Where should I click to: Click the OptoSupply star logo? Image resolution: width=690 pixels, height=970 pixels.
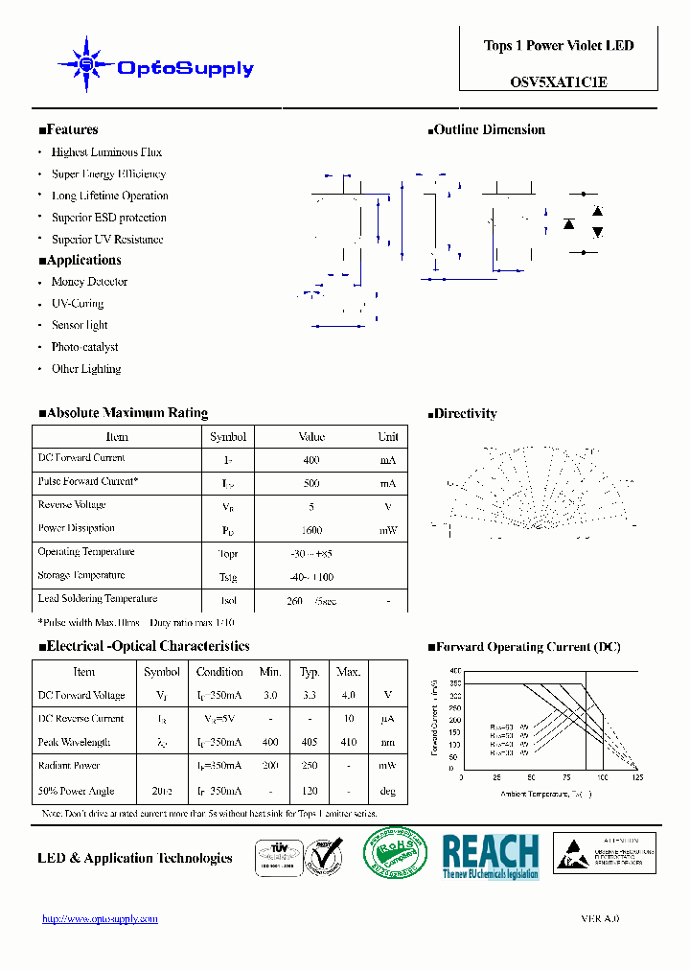point(86,65)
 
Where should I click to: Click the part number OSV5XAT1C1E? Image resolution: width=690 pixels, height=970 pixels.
point(559,82)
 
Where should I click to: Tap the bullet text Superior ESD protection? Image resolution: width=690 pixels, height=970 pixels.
point(108,218)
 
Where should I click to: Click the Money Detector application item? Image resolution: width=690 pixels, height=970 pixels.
point(89,282)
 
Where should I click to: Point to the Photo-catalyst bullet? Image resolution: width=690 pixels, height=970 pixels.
point(85,347)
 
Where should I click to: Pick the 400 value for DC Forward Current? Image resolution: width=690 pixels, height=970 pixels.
point(311,460)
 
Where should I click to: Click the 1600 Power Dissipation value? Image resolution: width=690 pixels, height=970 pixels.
point(311,530)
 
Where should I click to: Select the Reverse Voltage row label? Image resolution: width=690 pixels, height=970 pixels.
point(72,505)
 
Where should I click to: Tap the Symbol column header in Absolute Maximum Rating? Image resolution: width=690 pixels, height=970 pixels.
point(228,437)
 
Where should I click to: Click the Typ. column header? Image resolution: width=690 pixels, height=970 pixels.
point(310,672)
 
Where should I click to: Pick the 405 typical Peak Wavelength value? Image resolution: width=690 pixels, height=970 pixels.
point(310,743)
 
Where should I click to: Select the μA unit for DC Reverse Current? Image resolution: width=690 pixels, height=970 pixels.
point(387,719)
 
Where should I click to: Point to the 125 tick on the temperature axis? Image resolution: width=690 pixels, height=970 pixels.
point(637,777)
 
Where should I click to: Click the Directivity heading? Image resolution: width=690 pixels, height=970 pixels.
point(465,414)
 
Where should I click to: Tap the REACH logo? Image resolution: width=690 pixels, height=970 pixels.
point(491,856)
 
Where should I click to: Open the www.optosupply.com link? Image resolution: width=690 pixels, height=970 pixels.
point(100,918)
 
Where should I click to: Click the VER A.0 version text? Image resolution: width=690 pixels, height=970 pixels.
point(600,918)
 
